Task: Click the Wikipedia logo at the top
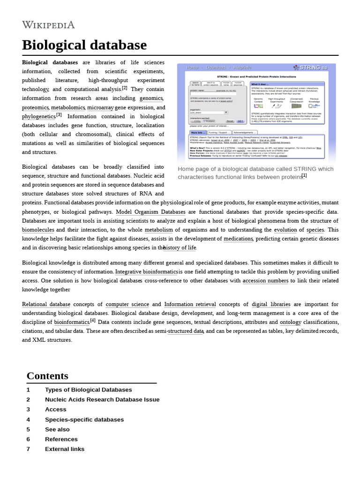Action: (x=48, y=25)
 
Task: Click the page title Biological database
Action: (x=84, y=45)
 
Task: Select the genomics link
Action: (x=151, y=98)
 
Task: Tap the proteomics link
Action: (x=35, y=107)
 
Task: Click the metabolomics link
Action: (x=68, y=107)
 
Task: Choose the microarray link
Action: (x=100, y=107)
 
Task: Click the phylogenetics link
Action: (x=38, y=117)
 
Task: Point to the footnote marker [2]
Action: (x=125, y=88)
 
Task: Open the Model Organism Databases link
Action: (x=150, y=212)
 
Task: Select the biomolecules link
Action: (x=39, y=230)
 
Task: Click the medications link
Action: (x=238, y=239)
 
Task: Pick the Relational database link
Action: (x=46, y=304)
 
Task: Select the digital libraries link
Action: (x=271, y=304)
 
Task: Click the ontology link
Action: (x=291, y=322)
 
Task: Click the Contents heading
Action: (x=47, y=376)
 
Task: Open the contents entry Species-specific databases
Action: (x=84, y=420)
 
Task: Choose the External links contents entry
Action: (x=65, y=449)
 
